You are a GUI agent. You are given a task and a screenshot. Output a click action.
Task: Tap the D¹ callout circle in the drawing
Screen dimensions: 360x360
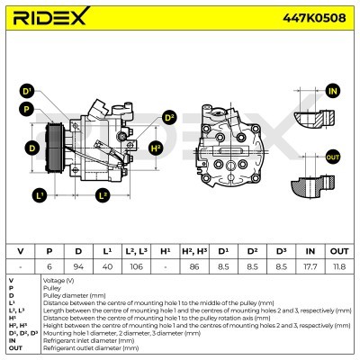[x=27, y=92]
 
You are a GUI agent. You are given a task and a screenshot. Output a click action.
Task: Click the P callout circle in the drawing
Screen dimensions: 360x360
[x=27, y=110]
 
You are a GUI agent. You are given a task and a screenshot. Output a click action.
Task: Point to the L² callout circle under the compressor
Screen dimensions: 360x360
[x=102, y=194]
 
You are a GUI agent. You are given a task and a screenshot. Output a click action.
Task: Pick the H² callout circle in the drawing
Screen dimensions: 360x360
[x=156, y=147]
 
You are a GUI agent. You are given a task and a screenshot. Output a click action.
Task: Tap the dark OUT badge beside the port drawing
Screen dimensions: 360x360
[x=333, y=157]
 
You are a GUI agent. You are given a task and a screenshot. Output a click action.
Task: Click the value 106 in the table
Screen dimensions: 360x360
[x=134, y=267]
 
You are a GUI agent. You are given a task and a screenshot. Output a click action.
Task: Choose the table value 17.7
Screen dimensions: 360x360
[x=310, y=267]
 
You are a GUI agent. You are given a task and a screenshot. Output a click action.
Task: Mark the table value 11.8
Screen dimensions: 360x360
[x=338, y=267]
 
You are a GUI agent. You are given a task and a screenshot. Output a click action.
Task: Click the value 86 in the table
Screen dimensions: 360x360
[x=194, y=267]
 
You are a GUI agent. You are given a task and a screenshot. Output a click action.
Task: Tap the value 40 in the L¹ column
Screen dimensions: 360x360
[x=106, y=267]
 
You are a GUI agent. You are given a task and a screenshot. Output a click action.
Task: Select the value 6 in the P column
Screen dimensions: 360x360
[x=49, y=267]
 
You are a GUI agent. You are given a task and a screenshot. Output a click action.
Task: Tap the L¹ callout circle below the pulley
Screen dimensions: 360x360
[x=40, y=194]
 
